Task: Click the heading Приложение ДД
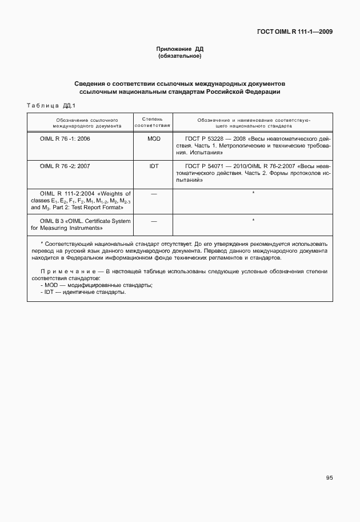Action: pyautogui.click(x=180, y=50)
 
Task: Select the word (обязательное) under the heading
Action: pyautogui.click(x=180, y=57)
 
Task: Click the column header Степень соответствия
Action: pyautogui.click(x=153, y=121)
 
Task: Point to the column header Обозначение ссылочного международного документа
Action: pyautogui.click(x=79, y=121)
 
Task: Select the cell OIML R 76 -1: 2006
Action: pyautogui.click(x=65, y=139)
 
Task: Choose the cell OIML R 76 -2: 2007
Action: pyautogui.click(x=65, y=166)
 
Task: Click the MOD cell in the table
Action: pyautogui.click(x=154, y=139)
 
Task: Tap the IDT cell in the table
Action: pyautogui.click(x=154, y=166)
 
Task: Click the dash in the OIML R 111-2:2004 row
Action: pyautogui.click(x=154, y=193)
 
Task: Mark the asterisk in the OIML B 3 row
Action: pyautogui.click(x=253, y=220)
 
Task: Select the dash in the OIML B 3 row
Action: pyautogui.click(x=154, y=220)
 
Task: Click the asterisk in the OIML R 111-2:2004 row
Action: pyautogui.click(x=253, y=193)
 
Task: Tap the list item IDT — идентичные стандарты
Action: pyautogui.click(x=83, y=292)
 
